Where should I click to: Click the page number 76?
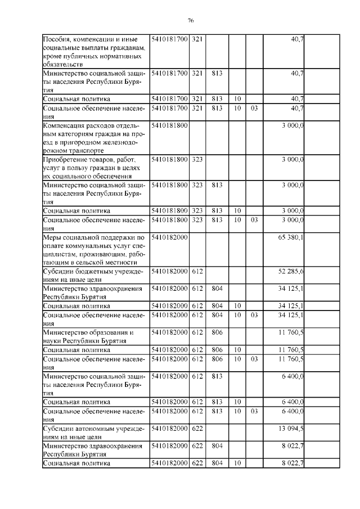(x=191, y=20)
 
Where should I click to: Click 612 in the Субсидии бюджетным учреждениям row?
(x=197, y=272)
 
